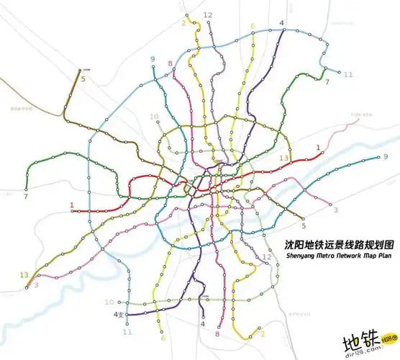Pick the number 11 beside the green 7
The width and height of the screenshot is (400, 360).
coord(349,75)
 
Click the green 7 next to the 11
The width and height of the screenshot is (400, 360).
coord(327,82)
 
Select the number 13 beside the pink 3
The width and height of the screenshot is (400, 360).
coord(24,274)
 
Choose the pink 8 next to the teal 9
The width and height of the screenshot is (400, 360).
coord(170,64)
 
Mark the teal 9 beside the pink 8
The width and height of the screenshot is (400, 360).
coord(153,59)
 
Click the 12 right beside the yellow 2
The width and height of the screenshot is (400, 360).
coord(207,15)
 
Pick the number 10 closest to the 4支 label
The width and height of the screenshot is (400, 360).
coord(109,302)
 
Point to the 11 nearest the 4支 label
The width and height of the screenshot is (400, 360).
coord(128,333)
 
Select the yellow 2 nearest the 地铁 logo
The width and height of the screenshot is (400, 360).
coord(263,334)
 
